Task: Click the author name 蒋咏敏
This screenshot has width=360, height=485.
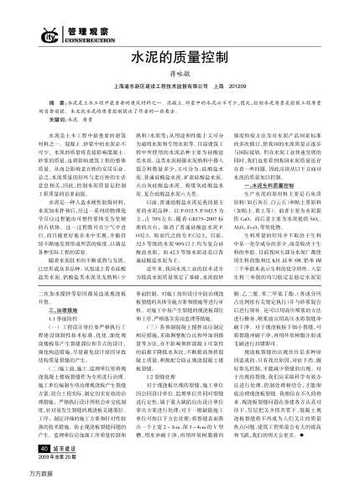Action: click(x=180, y=76)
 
